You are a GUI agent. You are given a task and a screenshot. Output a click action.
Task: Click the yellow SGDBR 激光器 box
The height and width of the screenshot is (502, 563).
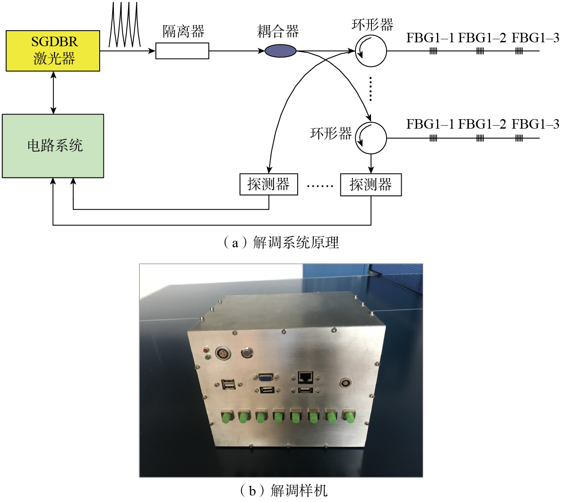(x=53, y=51)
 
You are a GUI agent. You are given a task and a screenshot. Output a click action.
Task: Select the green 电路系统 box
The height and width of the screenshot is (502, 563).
(x=53, y=146)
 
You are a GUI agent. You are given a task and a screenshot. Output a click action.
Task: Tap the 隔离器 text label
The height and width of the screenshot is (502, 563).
(x=183, y=32)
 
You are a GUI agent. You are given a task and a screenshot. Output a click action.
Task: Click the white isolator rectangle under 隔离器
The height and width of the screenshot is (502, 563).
(x=182, y=51)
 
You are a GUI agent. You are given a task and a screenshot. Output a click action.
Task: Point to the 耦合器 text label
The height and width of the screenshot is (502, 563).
(x=278, y=32)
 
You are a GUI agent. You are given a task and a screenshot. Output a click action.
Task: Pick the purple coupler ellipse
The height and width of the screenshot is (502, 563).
(x=280, y=51)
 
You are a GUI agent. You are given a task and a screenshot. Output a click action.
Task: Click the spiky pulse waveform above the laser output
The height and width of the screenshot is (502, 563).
(x=125, y=25)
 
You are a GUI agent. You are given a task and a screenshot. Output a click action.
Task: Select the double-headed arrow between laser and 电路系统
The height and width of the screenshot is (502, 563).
(x=53, y=92)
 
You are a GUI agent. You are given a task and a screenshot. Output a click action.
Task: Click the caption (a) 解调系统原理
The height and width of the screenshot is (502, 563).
(x=281, y=243)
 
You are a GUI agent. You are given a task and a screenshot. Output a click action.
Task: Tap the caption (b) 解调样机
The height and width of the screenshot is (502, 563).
(x=283, y=491)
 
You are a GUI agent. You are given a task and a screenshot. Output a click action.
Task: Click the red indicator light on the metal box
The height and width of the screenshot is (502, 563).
(x=207, y=350)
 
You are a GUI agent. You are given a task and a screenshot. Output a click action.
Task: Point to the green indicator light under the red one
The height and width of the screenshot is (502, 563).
(x=207, y=357)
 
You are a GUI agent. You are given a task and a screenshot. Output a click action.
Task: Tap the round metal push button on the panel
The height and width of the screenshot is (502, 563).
(x=247, y=352)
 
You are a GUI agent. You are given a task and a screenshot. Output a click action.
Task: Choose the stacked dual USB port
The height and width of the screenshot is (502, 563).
(x=229, y=384)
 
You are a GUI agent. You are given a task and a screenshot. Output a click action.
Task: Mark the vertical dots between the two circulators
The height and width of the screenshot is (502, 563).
(x=371, y=89)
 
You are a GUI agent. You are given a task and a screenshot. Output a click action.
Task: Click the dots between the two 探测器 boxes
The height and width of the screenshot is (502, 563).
(x=320, y=186)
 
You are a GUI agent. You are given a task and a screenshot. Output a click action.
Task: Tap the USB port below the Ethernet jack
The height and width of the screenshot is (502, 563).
(x=305, y=390)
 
